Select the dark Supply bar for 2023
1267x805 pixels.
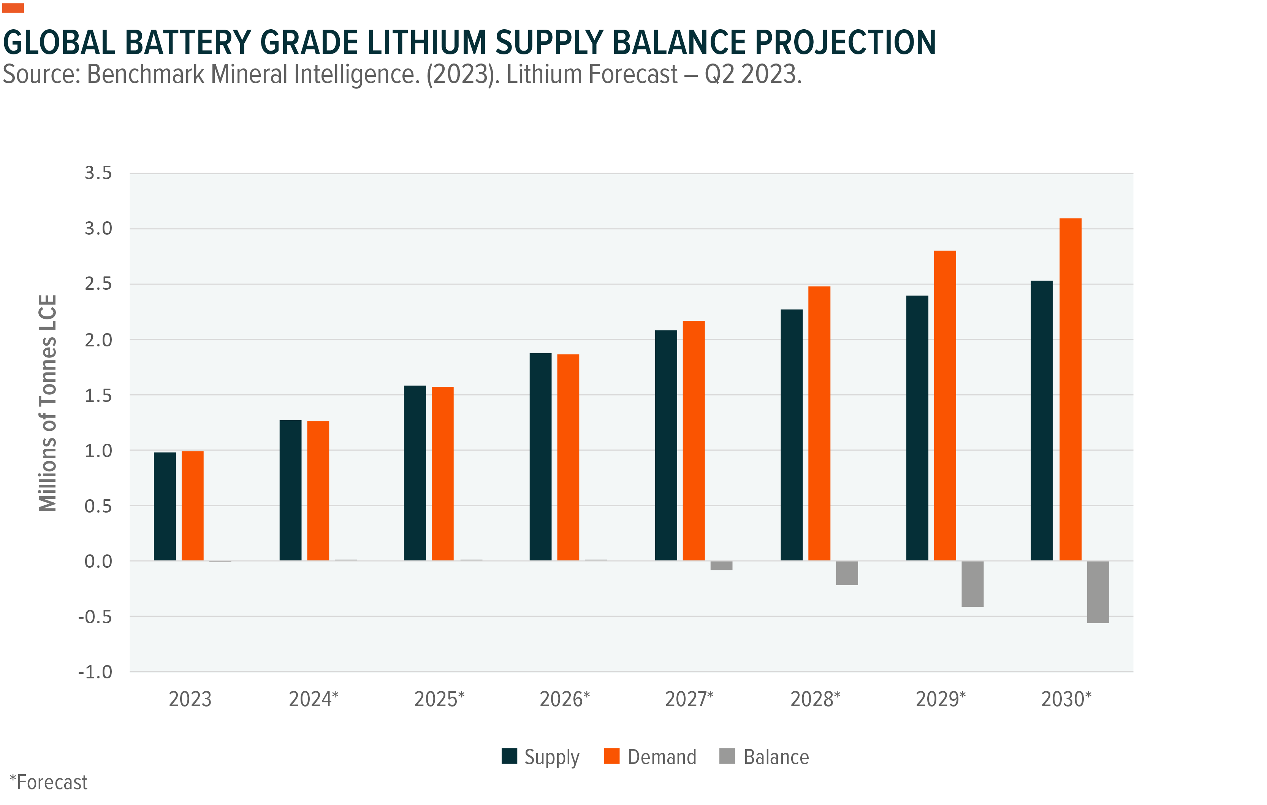165,506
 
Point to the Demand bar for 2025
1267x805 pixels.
442,473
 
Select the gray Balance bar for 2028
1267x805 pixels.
847,573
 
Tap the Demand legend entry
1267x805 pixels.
650,757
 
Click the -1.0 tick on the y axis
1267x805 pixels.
95,672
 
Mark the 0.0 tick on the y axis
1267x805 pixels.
98,561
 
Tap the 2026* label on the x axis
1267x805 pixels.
565,699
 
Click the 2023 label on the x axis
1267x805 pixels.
190,699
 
